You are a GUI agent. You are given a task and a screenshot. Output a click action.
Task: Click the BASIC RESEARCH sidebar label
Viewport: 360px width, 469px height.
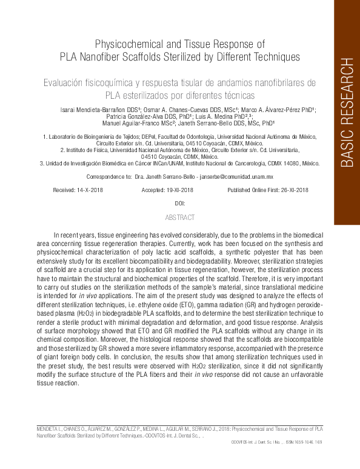346,112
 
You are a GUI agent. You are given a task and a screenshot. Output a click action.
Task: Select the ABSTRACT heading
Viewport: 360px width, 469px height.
179,217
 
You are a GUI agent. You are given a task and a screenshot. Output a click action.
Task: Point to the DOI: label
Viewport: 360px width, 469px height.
179,204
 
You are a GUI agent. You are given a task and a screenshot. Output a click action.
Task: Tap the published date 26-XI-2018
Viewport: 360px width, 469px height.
288,190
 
